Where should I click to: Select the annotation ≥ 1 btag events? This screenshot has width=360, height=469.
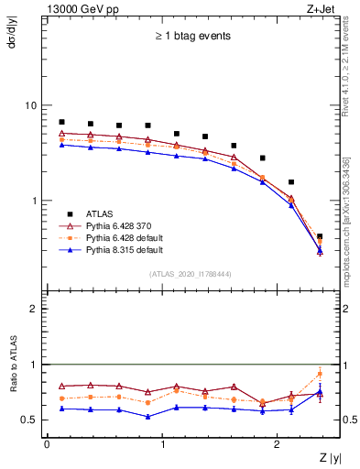[192, 37]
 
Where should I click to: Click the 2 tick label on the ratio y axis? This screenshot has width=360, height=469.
[34, 309]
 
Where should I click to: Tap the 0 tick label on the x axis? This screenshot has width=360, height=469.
[47, 444]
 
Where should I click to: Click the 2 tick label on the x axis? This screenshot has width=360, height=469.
[280, 444]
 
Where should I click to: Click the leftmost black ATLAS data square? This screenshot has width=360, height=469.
[61, 122]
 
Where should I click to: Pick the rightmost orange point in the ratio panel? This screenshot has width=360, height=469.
[320, 374]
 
